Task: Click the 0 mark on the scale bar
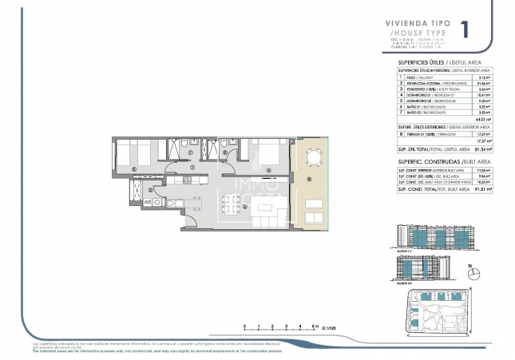coord(245,326)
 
